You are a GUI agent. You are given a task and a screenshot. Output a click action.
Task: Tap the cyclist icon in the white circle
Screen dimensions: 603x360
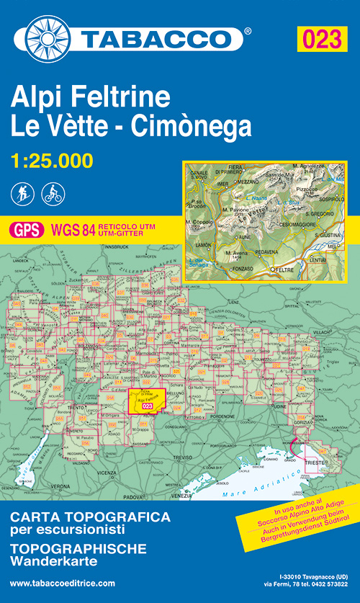pyautogui.click(x=53, y=193)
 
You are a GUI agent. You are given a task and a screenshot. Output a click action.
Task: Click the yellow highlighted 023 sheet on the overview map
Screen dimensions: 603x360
pyautogui.click(x=146, y=402)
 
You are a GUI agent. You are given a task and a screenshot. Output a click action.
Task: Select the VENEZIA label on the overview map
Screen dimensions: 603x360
pyautogui.click(x=181, y=495)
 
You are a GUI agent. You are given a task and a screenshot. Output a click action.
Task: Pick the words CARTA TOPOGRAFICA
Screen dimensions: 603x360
pyautogui.click(x=90, y=517)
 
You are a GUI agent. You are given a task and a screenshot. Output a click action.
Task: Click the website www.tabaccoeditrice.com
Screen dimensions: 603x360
pyautogui.click(x=63, y=584)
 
